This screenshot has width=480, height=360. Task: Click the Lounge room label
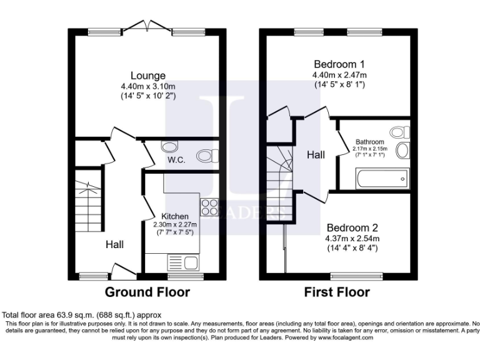[x=148, y=76]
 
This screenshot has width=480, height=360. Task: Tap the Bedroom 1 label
[x=339, y=64]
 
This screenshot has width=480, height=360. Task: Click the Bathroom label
[x=370, y=142]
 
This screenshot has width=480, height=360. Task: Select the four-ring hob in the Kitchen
[x=209, y=206]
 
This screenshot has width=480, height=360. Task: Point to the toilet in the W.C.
[x=206, y=155]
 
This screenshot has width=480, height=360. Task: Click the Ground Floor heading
[x=147, y=292]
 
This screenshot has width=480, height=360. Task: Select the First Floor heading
[x=337, y=292]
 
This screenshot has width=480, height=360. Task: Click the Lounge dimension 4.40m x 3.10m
[x=148, y=86]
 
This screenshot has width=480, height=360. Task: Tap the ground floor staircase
[x=87, y=200]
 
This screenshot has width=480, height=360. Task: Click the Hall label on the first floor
[x=316, y=154]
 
